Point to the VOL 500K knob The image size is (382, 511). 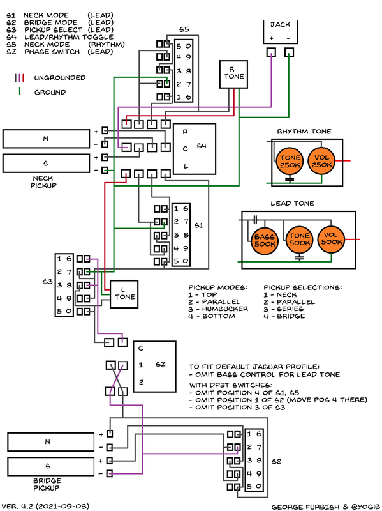(332, 239)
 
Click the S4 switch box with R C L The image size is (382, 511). (193, 147)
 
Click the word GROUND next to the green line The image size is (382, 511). (50, 92)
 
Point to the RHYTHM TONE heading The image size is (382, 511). (304, 132)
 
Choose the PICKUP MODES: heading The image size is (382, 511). (217, 287)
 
